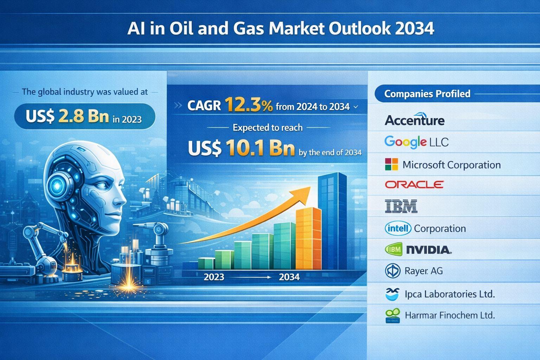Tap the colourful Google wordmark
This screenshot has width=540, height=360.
click(405, 142)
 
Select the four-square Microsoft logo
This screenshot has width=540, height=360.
click(392, 164)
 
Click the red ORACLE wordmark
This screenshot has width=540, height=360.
click(414, 185)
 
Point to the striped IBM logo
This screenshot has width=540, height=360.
click(401, 206)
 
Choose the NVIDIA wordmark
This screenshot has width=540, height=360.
click(429, 250)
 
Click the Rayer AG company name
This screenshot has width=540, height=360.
click(424, 271)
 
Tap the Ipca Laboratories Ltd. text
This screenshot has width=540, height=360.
click(450, 294)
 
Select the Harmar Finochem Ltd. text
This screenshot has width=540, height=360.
click(450, 315)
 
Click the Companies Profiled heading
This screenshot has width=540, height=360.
click(427, 94)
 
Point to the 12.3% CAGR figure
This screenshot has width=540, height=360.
click(249, 105)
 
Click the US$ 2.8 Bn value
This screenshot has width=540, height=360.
click(67, 116)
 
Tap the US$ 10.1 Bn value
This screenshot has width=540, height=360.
click(241, 148)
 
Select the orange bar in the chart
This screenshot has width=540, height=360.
click(308, 238)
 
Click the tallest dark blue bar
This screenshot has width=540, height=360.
click(333, 221)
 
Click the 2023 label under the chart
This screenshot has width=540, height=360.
click(214, 277)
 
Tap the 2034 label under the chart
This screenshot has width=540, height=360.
click(289, 277)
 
